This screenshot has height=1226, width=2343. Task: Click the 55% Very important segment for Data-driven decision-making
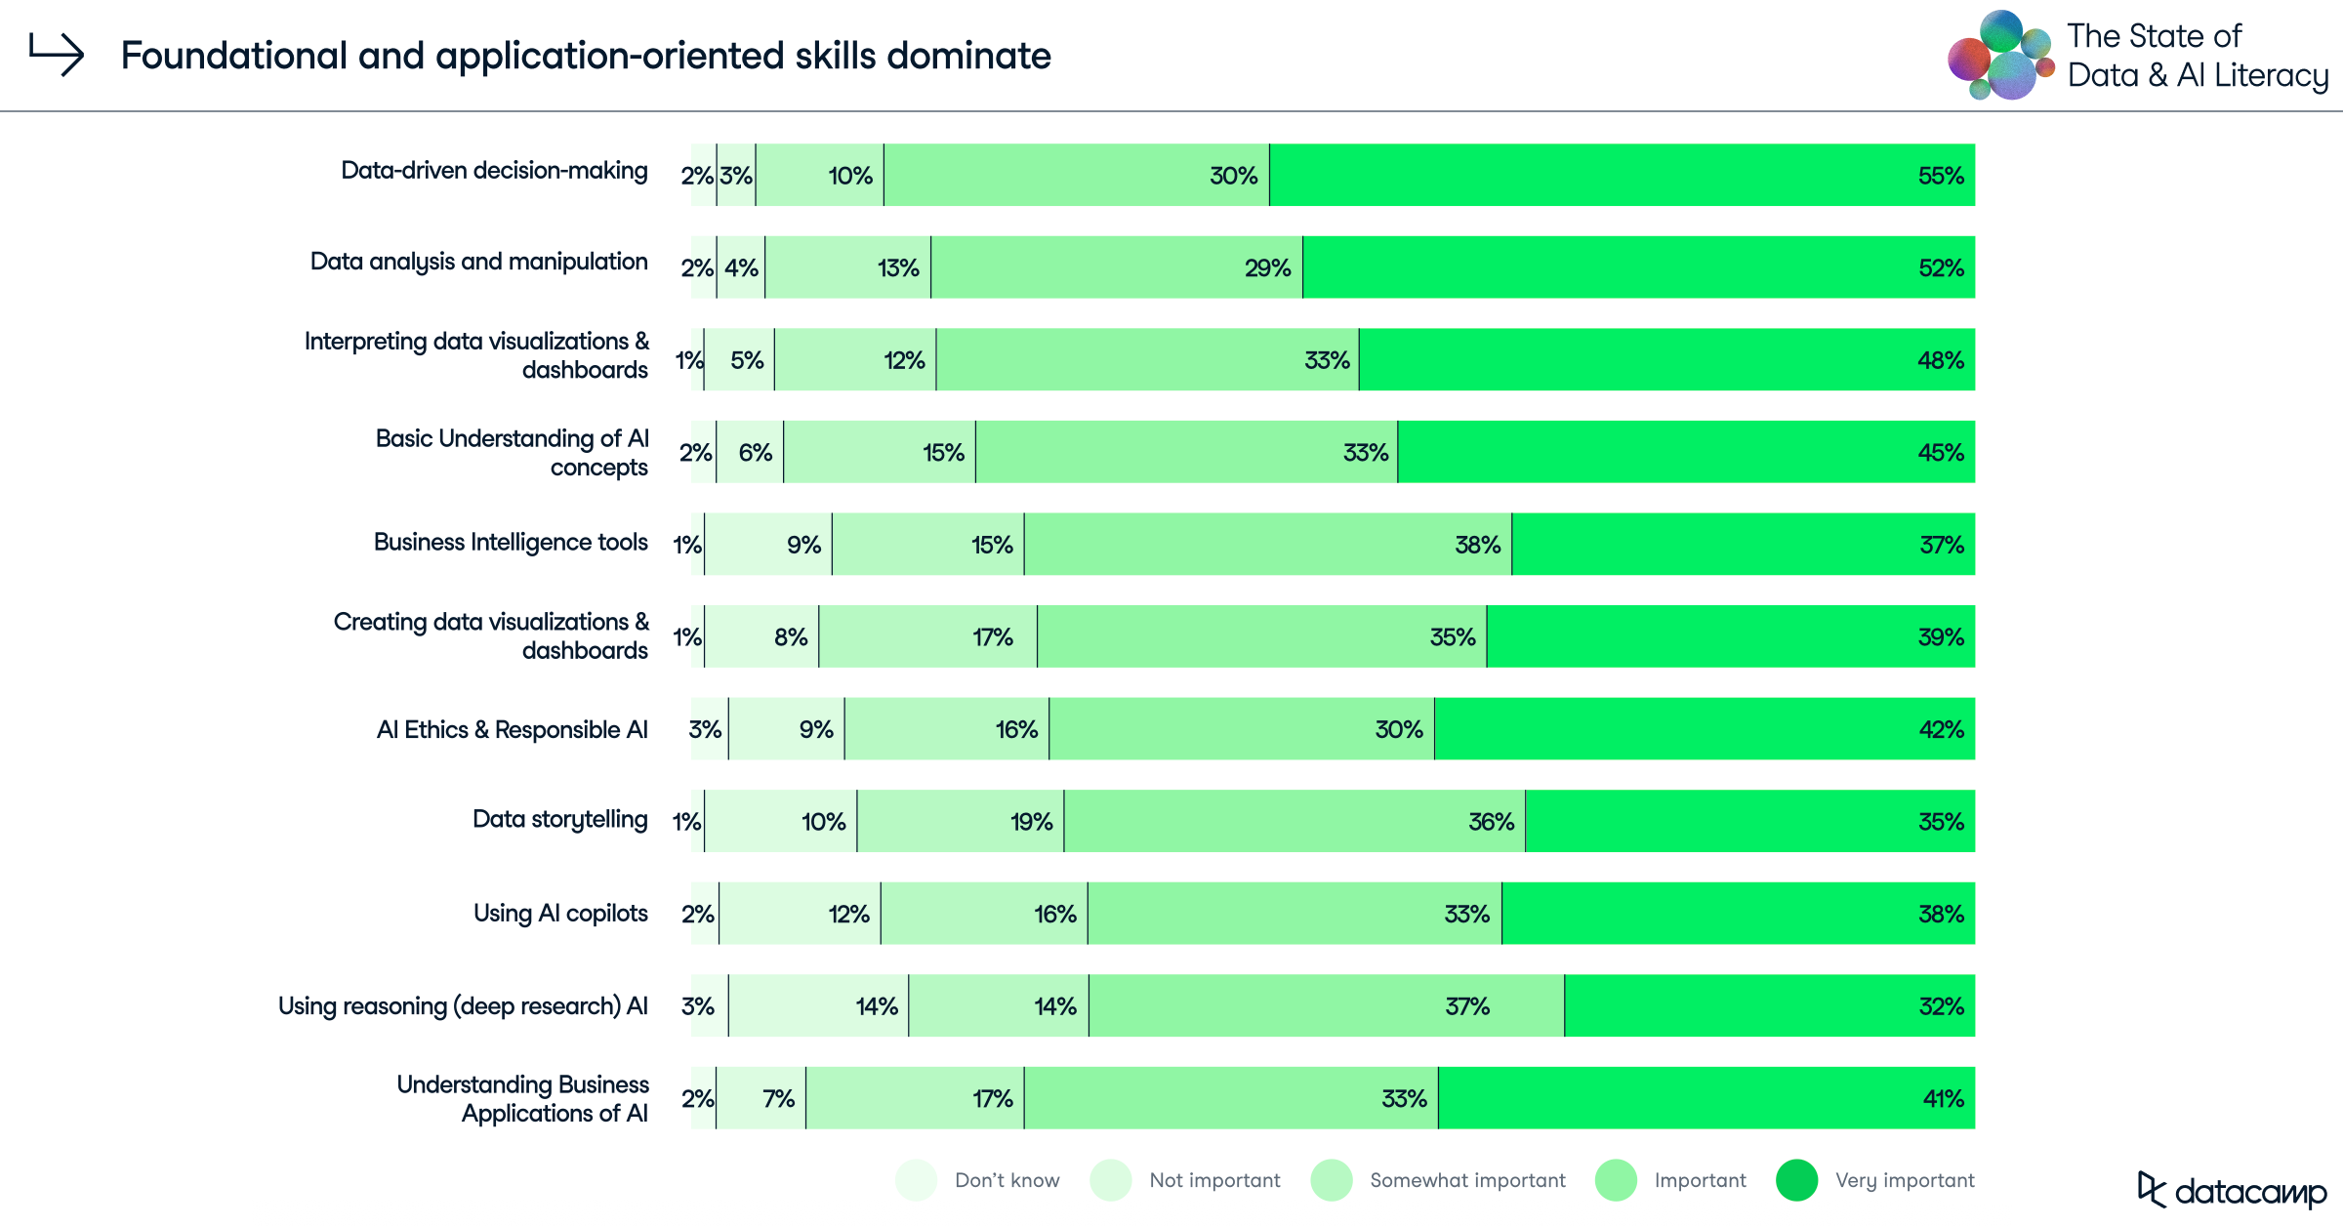coord(1621,175)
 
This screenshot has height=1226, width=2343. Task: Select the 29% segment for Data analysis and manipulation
coord(1116,267)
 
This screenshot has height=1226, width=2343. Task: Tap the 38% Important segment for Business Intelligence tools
coord(1267,545)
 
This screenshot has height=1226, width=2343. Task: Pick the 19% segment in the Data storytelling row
coord(961,822)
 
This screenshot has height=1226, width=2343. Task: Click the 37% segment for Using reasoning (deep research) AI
coord(1326,1006)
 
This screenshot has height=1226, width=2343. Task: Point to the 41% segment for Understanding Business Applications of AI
coord(1706,1098)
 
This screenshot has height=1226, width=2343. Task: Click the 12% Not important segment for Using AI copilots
coord(800,914)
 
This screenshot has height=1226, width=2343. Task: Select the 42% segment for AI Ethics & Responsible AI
coord(1704,729)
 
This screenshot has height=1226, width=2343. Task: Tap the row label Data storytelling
coord(559,819)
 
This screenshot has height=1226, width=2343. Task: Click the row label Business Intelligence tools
coord(511,542)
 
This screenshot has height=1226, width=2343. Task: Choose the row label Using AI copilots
coord(560,913)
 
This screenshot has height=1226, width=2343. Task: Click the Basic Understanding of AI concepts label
coord(512,452)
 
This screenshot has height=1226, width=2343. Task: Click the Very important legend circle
coord(1796,1180)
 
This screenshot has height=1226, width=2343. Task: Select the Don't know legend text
coord(1007,1180)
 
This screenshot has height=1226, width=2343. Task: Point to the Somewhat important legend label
coord(1466,1180)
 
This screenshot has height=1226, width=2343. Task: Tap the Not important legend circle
coord(1111,1180)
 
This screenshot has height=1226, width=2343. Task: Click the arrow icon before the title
coord(56,54)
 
